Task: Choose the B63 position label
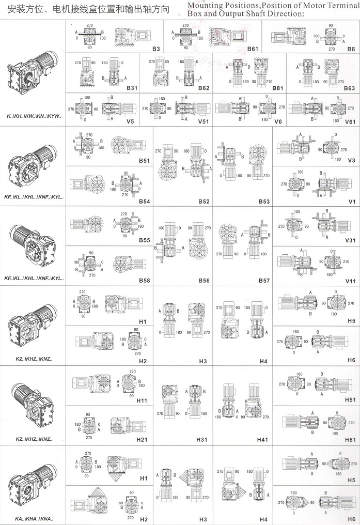(349, 88)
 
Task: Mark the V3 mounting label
(352, 160)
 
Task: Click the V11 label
(351, 281)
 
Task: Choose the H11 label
(143, 400)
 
